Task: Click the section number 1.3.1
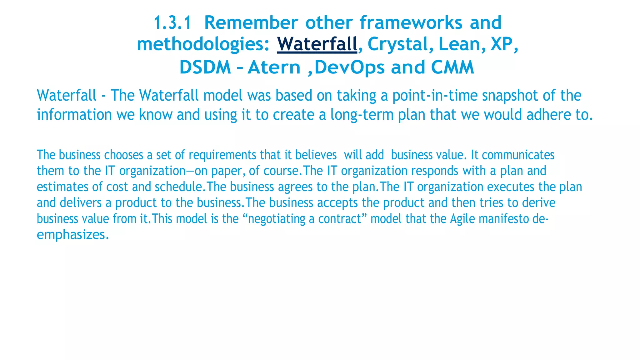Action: (x=172, y=23)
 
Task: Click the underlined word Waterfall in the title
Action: (x=317, y=44)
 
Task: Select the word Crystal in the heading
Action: (x=397, y=44)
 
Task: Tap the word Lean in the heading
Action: (x=459, y=44)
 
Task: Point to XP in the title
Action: (x=502, y=44)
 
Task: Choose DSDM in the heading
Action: (x=205, y=67)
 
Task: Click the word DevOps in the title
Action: (x=349, y=67)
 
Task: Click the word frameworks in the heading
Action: (x=411, y=23)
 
